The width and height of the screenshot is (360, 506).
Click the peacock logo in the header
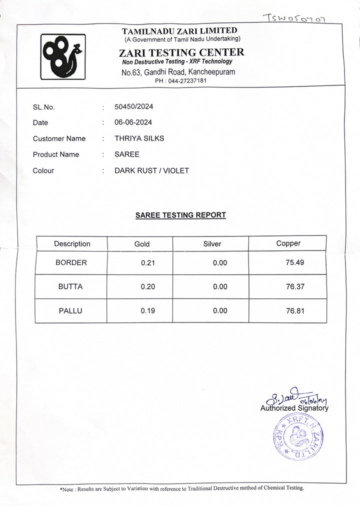[x=63, y=56]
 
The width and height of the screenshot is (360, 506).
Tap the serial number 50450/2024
[x=133, y=106]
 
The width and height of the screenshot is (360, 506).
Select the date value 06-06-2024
[x=133, y=122]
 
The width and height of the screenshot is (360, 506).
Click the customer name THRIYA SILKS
[x=139, y=138]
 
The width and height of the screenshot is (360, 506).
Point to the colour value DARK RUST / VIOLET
[x=151, y=170]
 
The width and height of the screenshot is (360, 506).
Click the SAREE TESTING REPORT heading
[x=180, y=215]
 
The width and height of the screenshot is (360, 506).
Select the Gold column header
[x=142, y=244]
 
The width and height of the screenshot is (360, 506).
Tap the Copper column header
[x=288, y=243]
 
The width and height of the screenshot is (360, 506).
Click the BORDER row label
[x=71, y=262]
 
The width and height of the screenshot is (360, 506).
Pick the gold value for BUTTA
[x=148, y=287]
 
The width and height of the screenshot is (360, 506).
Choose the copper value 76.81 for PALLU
[x=295, y=311]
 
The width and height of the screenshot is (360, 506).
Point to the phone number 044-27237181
[x=187, y=80]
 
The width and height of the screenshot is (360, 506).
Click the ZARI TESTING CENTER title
[x=181, y=52]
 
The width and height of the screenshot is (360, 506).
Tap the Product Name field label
[x=56, y=154]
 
